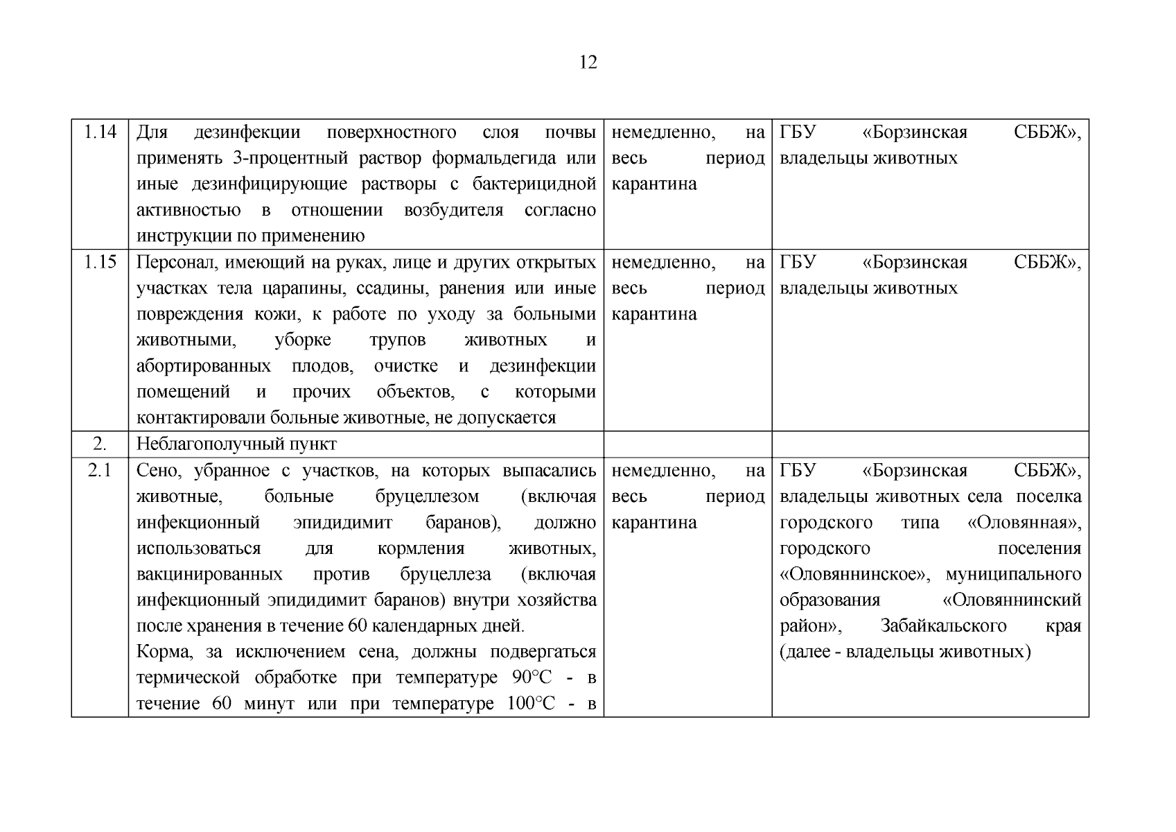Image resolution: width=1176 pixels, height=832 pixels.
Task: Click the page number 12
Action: click(587, 62)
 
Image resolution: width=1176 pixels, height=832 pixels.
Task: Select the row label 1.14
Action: click(100, 132)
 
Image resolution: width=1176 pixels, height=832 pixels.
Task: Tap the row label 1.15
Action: click(100, 262)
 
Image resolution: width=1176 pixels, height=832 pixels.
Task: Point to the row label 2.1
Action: click(100, 471)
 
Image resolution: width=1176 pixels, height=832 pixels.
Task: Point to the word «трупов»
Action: click(398, 340)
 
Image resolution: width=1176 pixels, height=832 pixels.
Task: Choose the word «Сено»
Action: click(157, 471)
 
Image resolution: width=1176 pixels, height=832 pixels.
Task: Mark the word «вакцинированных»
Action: click(209, 575)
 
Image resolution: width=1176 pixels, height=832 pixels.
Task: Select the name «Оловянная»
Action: click(1024, 523)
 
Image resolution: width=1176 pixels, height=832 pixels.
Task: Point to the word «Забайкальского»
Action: click(943, 626)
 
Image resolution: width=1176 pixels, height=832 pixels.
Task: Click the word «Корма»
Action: click(159, 652)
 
